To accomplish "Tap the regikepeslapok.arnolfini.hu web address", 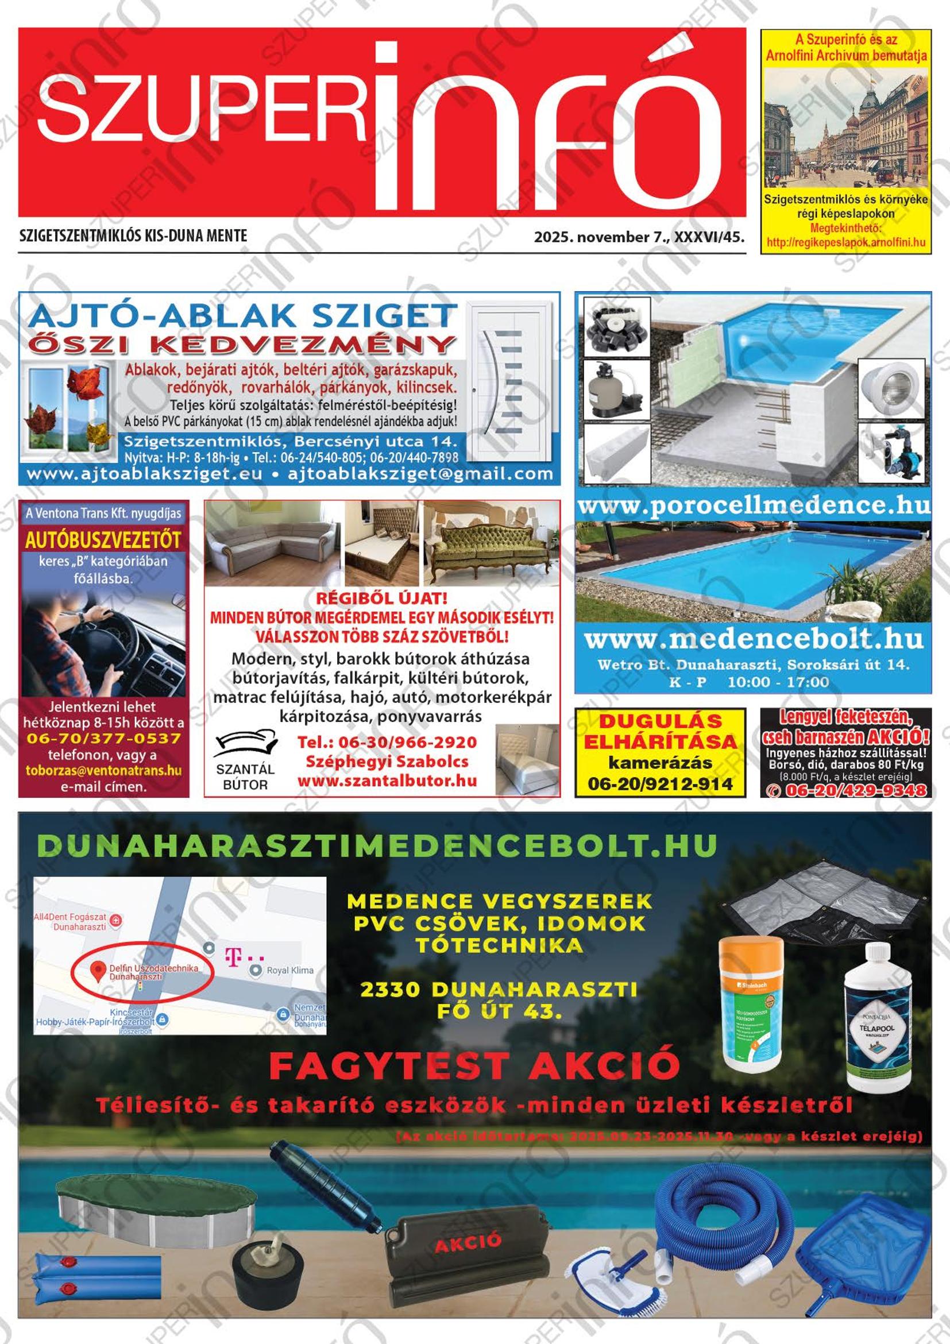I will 846,242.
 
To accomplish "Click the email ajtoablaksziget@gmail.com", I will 420,474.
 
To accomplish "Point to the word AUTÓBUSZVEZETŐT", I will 103,540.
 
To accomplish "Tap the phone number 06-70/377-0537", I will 103,738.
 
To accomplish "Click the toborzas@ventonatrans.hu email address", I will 103,770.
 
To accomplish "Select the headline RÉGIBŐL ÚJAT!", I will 381,598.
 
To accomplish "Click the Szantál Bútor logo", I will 245,759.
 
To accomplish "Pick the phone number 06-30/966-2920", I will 387,742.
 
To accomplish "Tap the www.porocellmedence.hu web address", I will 754,505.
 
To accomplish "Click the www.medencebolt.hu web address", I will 754,639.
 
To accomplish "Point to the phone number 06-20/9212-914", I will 661,783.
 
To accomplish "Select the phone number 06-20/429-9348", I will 855,790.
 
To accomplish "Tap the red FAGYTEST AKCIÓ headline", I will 474,1066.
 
